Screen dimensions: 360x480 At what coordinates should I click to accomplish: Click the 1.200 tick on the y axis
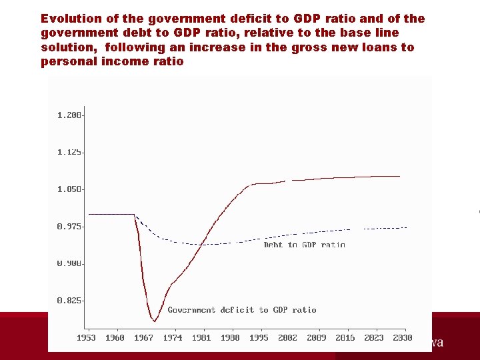[x=69, y=115]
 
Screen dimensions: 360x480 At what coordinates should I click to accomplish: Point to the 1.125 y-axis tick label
[x=69, y=152]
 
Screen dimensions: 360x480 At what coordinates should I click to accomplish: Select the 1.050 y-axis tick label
[x=69, y=189]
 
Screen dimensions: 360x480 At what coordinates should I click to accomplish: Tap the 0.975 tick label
[x=69, y=227]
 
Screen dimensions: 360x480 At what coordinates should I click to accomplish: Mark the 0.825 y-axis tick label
[x=69, y=301]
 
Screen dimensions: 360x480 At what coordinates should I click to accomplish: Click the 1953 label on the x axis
[x=86, y=338]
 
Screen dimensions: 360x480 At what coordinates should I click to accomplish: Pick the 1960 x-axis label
[x=115, y=338]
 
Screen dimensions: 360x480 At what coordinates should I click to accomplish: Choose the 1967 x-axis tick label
[x=143, y=338]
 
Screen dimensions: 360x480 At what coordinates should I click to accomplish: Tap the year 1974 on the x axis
[x=172, y=338]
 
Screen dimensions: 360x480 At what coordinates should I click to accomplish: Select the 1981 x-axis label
[x=201, y=338]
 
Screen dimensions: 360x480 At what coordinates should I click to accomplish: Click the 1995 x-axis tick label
[x=259, y=338]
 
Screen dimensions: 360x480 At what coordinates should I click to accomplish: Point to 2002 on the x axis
[x=287, y=338]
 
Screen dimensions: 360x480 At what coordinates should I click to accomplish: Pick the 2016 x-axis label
[x=345, y=338]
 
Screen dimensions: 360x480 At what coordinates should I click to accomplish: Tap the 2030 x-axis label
[x=403, y=338]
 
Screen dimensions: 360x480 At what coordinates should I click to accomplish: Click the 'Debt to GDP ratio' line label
[x=304, y=245]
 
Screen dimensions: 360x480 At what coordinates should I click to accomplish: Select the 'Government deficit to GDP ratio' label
[x=241, y=310]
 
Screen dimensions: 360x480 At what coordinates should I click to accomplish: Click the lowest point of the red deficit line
[x=155, y=321]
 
